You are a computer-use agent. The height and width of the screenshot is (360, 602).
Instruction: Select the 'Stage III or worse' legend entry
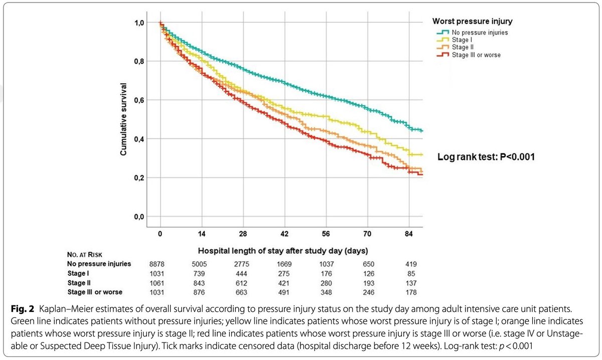point(476,55)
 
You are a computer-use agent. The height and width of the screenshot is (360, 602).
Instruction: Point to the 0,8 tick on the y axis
point(139,61)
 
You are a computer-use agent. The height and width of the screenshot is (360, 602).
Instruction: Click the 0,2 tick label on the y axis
point(139,177)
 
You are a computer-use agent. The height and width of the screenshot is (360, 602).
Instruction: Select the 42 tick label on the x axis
point(284,234)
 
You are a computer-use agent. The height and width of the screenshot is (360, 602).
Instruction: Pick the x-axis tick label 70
point(367,234)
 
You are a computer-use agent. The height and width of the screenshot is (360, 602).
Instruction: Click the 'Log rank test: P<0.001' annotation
point(486,156)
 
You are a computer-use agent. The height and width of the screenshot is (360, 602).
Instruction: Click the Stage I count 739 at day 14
point(202,273)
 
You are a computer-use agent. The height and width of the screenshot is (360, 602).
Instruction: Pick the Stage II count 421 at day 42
point(284,282)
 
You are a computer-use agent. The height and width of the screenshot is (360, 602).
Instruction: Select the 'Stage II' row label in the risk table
point(79,282)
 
